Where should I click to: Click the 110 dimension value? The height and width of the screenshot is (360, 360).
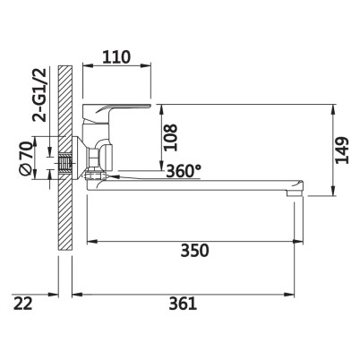(116, 57)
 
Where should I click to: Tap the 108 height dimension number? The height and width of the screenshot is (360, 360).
(171, 137)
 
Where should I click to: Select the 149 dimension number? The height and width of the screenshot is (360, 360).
(342, 150)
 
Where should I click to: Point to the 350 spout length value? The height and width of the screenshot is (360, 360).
(194, 251)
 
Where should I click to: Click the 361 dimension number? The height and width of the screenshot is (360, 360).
(183, 304)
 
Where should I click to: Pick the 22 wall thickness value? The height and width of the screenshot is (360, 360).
(22, 304)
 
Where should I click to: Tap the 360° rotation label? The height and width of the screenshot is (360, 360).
(184, 171)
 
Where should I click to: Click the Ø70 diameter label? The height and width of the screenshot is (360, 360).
(25, 159)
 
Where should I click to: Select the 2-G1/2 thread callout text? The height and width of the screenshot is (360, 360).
(40, 95)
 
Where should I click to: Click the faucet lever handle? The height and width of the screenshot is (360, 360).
(116, 111)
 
